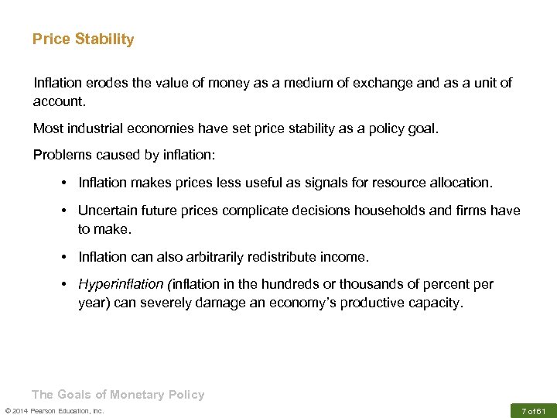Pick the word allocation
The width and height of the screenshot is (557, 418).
[x=456, y=183]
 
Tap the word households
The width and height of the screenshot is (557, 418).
[x=402, y=211]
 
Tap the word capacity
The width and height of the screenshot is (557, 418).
[x=434, y=303]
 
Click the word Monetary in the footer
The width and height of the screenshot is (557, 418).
[x=137, y=395]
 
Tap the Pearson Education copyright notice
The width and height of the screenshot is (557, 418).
[x=54, y=410]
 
